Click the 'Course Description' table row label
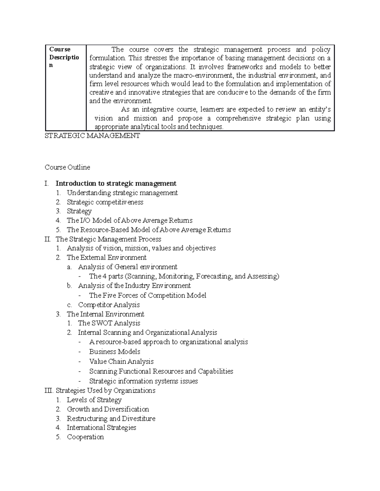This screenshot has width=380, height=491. click(x=64, y=58)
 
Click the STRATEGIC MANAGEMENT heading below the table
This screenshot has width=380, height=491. click(x=92, y=136)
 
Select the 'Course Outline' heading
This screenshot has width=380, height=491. click(x=67, y=167)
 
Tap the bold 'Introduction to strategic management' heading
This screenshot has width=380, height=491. click(x=116, y=183)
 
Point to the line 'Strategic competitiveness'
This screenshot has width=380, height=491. click(x=105, y=202)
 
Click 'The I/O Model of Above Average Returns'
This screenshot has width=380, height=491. click(x=130, y=220)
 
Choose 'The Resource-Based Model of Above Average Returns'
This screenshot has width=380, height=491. click(x=149, y=230)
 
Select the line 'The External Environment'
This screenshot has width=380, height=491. click(x=107, y=257)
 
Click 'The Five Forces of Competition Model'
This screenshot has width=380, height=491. click(x=148, y=295)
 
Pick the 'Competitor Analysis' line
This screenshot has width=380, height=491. click(x=109, y=305)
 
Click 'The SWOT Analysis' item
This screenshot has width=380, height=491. click(x=109, y=323)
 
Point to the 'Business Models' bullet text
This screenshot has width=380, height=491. click(x=115, y=352)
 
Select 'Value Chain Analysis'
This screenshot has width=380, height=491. click(x=121, y=361)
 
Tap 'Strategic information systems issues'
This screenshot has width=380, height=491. click(x=143, y=381)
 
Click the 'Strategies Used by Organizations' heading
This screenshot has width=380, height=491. click(x=105, y=390)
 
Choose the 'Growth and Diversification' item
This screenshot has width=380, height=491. click(x=108, y=409)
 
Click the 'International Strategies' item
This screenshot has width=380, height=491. click(x=101, y=427)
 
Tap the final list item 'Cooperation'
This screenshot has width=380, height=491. click(x=85, y=437)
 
